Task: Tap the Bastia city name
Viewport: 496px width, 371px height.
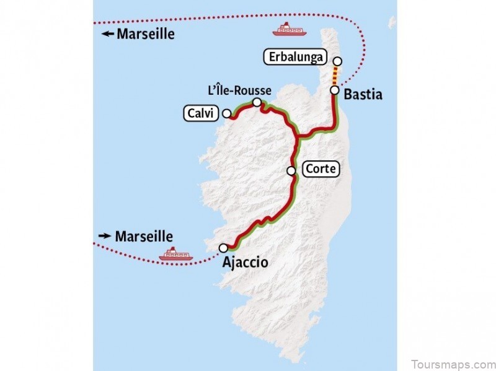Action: coord(363,95)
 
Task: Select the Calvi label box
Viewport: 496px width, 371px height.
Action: coord(201,113)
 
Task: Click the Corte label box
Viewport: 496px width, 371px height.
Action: coord(321,169)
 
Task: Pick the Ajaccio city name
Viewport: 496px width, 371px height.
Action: coord(245,263)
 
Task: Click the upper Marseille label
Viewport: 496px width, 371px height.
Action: coord(146,34)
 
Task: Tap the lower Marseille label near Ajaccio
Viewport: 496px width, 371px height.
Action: coord(144,236)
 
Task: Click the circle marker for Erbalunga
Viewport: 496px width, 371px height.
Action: coord(337,61)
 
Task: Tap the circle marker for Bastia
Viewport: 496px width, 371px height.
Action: coord(335,90)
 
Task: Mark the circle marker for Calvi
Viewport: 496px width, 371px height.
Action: coord(227,113)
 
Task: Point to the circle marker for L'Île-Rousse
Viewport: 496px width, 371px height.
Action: coord(257,102)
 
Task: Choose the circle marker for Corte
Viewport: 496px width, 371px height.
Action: coord(291,170)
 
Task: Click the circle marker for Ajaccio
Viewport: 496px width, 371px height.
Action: coord(223,248)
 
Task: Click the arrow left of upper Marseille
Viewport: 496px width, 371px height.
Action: coord(108,35)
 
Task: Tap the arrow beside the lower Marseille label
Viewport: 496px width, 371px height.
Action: coord(105,236)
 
